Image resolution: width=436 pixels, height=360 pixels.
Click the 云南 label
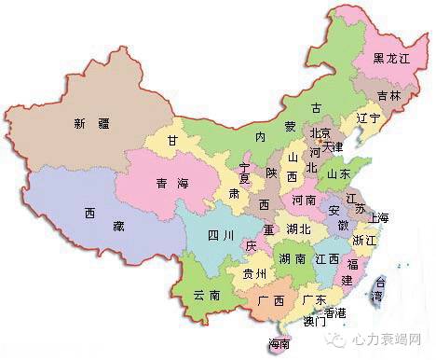click(206, 295)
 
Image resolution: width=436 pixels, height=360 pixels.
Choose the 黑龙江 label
click(391, 58)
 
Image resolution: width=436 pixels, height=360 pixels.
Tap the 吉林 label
click(389, 96)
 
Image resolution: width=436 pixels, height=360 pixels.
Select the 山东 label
click(338, 173)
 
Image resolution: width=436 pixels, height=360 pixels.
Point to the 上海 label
click(378, 217)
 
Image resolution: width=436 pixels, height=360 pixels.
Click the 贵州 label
click(253, 274)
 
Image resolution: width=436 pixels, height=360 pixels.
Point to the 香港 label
click(335, 312)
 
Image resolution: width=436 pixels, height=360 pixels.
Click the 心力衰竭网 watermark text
click(392, 339)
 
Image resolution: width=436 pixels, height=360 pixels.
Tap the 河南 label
click(304, 200)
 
